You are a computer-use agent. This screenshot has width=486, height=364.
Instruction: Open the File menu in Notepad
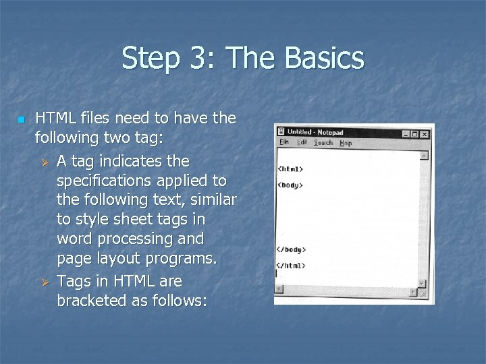pos(284,142)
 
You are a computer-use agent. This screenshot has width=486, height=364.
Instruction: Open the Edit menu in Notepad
pos(302,142)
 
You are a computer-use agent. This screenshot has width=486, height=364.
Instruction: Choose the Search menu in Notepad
pos(323,143)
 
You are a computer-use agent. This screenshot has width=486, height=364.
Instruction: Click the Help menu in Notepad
pos(346,143)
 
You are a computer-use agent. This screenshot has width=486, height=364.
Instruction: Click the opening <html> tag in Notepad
pos(290,169)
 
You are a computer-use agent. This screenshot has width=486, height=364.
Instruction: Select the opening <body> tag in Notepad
pos(290,185)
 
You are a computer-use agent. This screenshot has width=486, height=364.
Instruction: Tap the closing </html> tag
pos(290,266)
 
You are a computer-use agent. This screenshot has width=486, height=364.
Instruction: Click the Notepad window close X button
pos(424,134)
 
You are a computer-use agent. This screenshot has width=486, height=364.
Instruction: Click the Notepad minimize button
pos(404,133)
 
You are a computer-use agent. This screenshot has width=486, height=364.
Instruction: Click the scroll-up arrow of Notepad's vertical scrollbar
pos(424,155)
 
